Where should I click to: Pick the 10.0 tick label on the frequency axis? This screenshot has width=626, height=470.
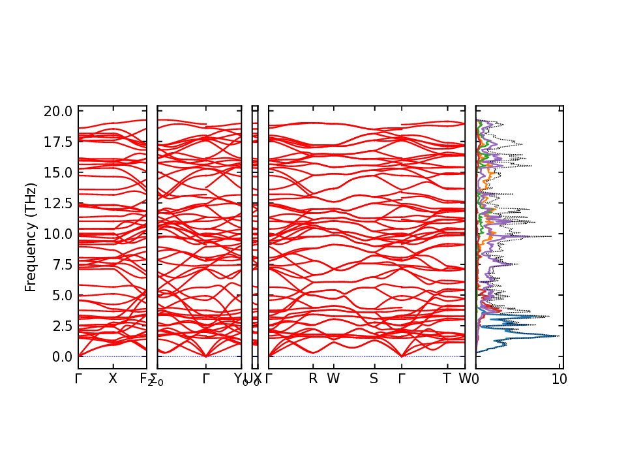point(57,234)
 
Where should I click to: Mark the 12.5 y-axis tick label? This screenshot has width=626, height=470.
point(57,203)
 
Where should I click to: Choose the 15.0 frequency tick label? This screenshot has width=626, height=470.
point(57,172)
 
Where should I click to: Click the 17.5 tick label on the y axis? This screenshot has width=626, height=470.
point(57,142)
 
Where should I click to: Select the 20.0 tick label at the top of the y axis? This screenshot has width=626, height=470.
point(57,111)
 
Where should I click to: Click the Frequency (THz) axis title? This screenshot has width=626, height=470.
point(31,238)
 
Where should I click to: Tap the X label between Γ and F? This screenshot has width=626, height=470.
point(113,379)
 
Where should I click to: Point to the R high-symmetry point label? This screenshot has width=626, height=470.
point(313,379)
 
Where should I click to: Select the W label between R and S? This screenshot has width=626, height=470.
point(333,379)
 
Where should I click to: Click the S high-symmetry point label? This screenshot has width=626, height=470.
point(374,379)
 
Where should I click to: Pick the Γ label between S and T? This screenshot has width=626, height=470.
point(402,379)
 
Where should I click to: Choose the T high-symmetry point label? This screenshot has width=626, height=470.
point(447,379)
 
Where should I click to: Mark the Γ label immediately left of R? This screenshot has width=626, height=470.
point(269,379)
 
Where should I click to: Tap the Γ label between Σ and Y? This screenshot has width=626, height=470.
point(206,379)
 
